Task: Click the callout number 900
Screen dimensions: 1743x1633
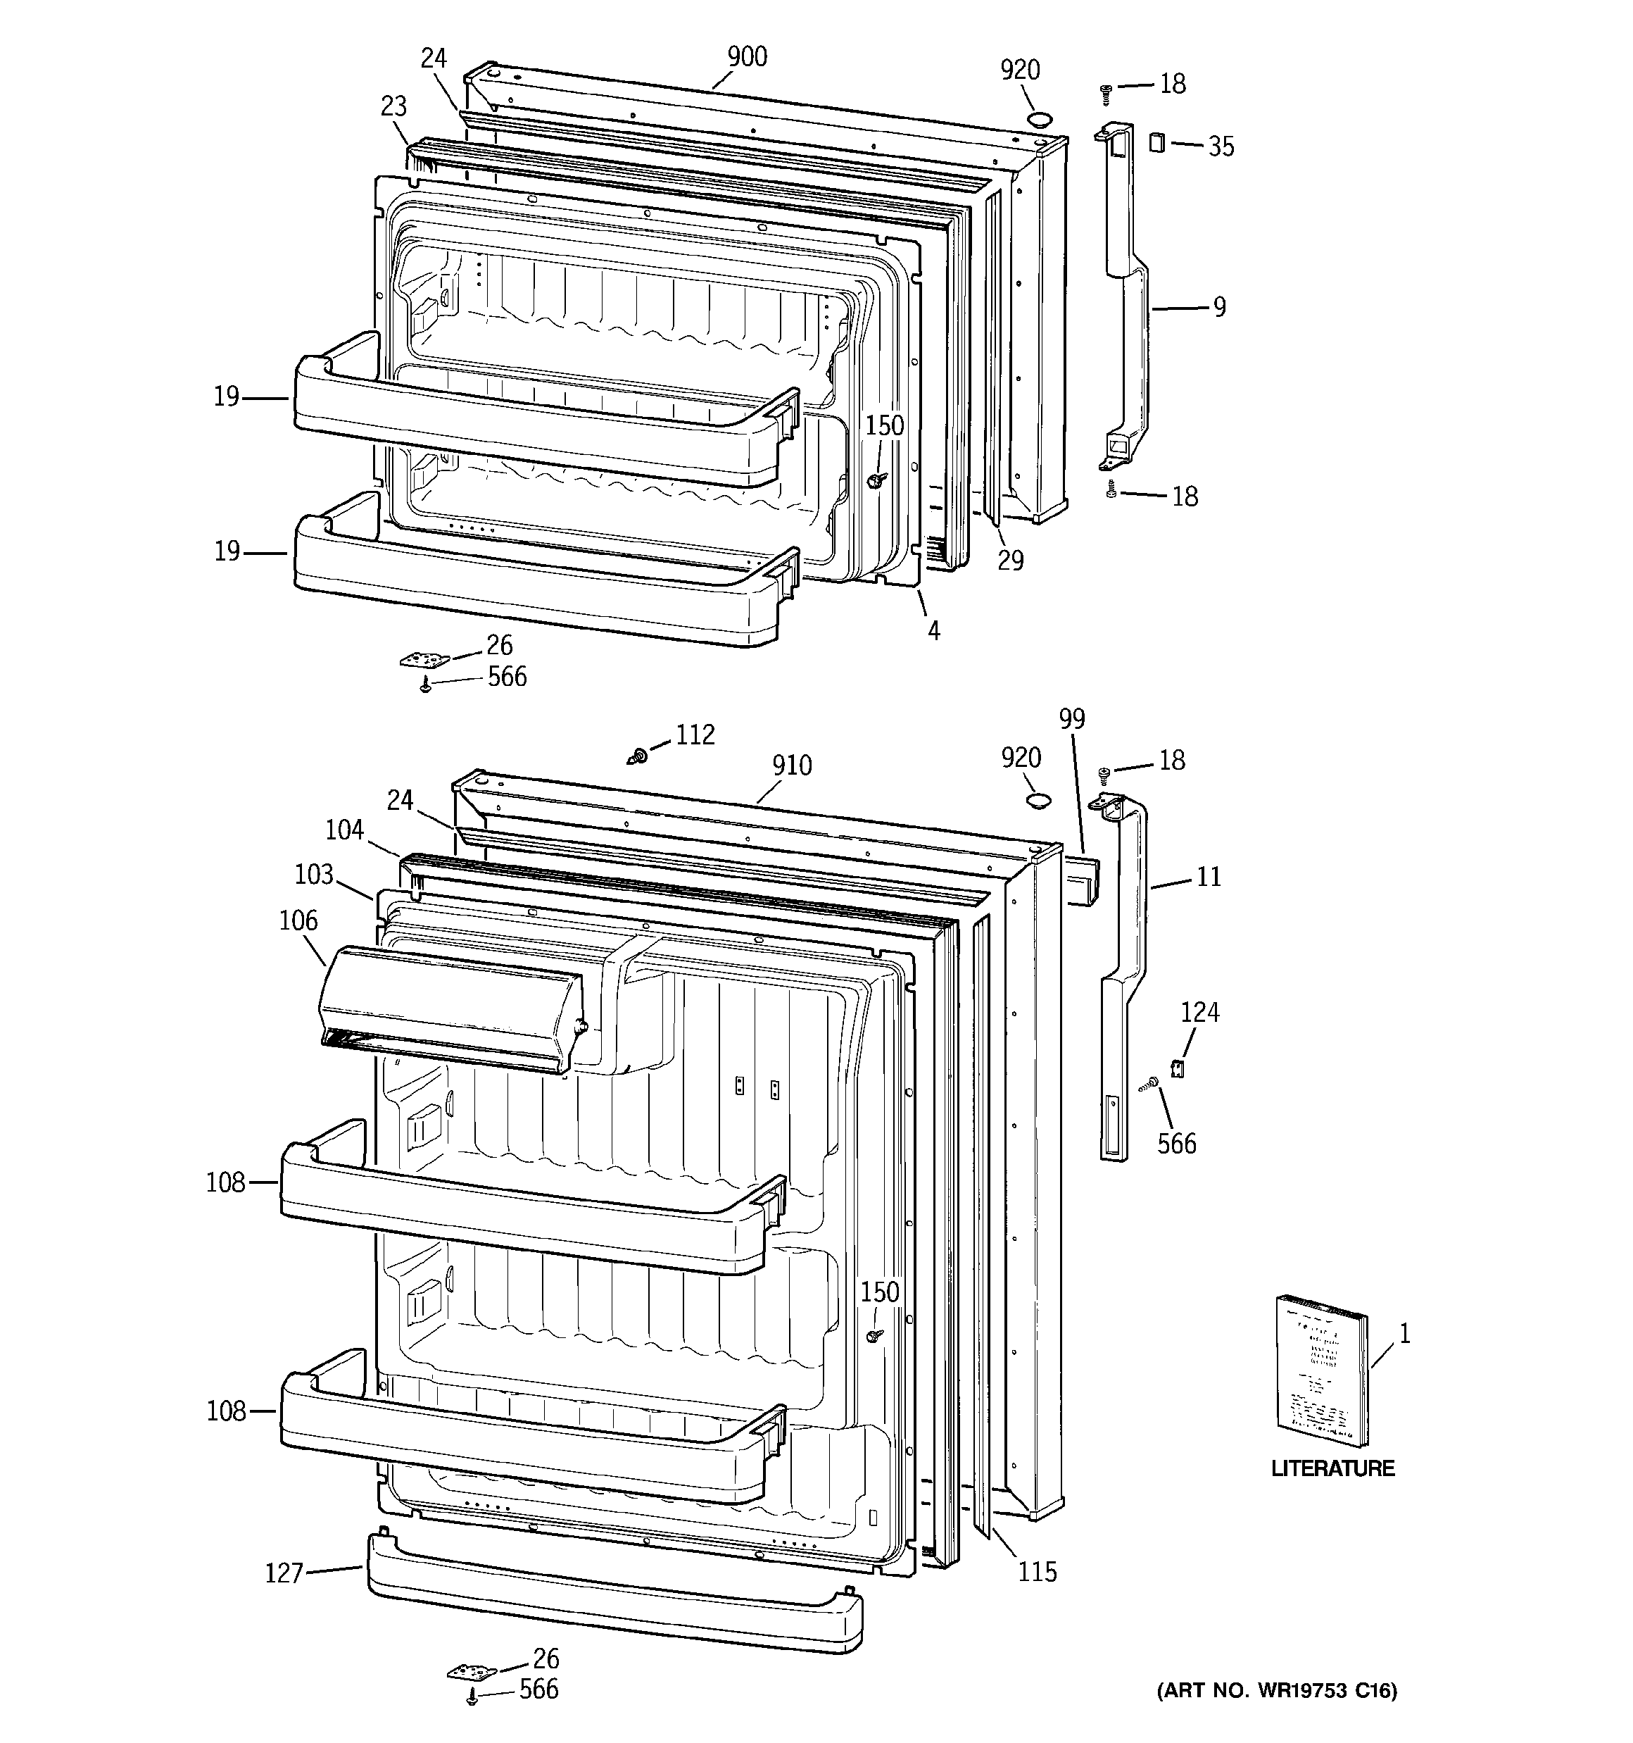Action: click(x=747, y=57)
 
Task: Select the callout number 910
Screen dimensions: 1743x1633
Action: click(x=792, y=766)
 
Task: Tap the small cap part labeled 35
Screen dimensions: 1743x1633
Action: click(x=1157, y=142)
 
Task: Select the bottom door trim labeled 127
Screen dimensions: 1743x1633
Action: click(x=614, y=1604)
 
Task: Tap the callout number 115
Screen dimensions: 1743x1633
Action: click(x=1037, y=1572)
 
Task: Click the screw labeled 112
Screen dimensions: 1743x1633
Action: click(x=640, y=755)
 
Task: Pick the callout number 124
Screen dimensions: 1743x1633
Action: click(x=1199, y=1013)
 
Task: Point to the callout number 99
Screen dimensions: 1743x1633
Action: click(x=1071, y=719)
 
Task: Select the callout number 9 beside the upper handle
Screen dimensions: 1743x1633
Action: click(x=1219, y=308)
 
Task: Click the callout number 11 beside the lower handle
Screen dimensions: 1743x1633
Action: click(x=1209, y=877)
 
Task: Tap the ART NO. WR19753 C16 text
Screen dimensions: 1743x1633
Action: click(x=1276, y=1690)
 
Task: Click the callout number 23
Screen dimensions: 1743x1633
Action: click(x=393, y=106)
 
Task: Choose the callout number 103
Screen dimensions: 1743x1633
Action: click(x=314, y=874)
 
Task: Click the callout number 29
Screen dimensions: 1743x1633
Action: click(x=1010, y=561)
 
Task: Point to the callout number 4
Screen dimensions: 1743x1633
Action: click(x=933, y=630)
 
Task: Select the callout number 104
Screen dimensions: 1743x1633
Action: click(x=343, y=830)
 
